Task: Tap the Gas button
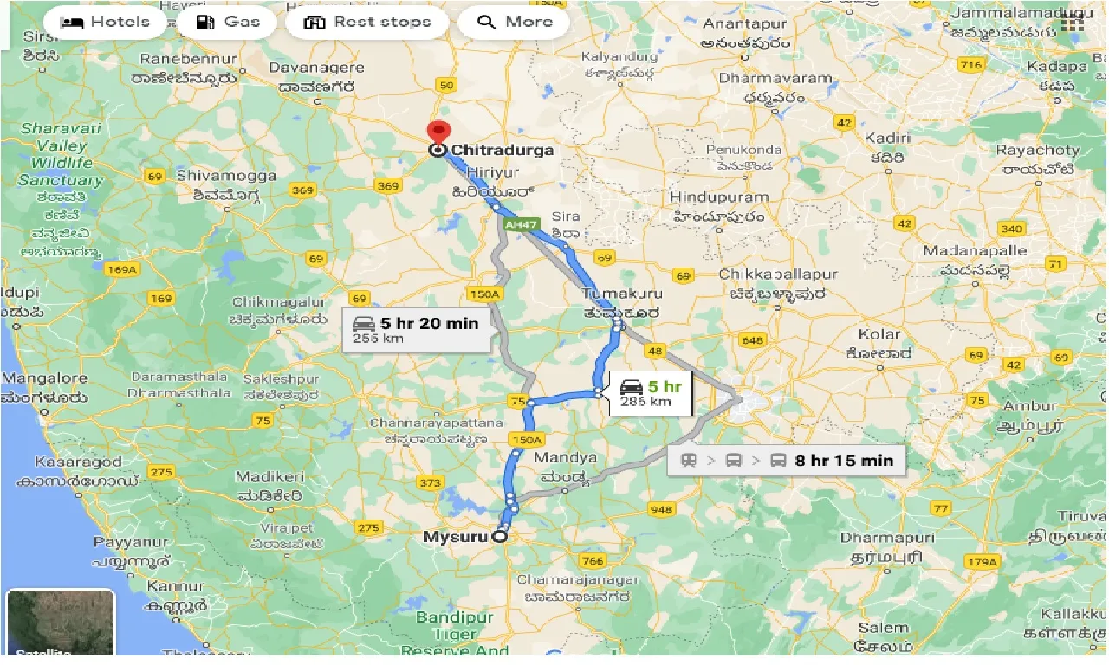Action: tap(227, 22)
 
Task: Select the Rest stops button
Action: tap(367, 22)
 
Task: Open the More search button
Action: tap(514, 22)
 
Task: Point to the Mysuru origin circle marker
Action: tap(499, 537)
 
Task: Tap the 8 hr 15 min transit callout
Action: tap(786, 460)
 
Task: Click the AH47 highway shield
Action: tap(516, 223)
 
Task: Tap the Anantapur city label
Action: tap(745, 25)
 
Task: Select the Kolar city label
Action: tap(879, 334)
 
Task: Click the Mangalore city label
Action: tap(44, 378)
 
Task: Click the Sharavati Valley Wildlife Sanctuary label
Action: tap(61, 154)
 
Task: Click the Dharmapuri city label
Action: tap(887, 538)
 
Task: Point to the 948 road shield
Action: tap(661, 509)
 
